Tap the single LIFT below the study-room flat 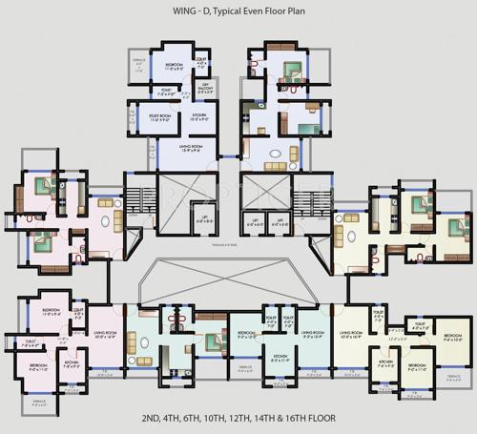point(203,221)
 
